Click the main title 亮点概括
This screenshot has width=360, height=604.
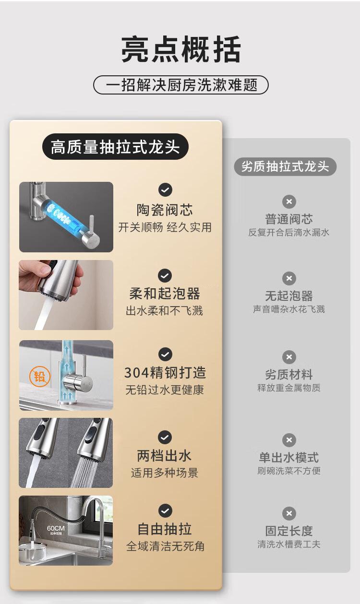181,50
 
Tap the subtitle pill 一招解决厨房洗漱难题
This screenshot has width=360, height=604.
181,85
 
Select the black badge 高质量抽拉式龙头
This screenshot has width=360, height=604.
115,147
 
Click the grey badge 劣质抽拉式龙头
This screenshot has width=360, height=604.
285,166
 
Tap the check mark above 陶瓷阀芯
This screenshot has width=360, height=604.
165,190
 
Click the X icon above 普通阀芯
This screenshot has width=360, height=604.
289,201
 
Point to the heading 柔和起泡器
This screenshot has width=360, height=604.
165,294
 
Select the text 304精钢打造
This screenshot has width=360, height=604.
165,373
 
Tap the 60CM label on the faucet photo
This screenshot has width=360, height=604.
56,528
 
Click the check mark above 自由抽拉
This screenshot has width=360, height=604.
165,511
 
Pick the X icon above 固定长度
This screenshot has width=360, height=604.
289,513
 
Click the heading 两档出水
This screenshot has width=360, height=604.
164,456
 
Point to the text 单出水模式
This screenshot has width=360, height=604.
289,457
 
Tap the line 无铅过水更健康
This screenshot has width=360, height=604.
165,390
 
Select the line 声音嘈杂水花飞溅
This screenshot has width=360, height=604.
289,309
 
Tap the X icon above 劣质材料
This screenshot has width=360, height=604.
289,357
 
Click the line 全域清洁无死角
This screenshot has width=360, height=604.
165,546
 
